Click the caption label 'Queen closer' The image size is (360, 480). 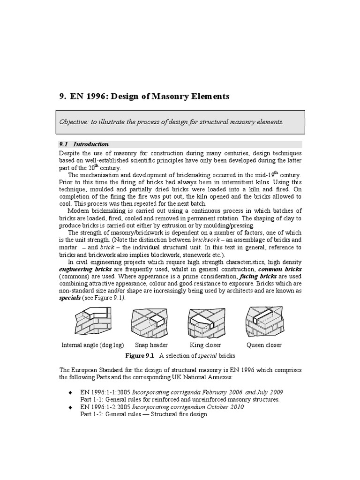tap(264, 345)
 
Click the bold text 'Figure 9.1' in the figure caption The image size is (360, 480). tap(139, 356)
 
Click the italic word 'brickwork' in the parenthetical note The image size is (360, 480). tap(206, 240)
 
